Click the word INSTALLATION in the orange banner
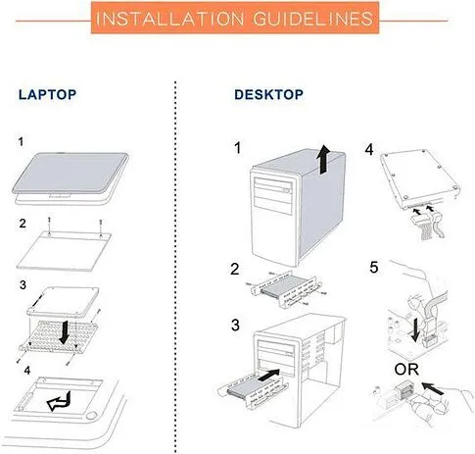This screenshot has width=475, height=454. tap(169, 19)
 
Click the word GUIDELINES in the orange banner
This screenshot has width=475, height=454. tap(313, 19)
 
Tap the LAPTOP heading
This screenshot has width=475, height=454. tap(47, 95)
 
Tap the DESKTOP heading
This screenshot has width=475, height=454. tap(268, 95)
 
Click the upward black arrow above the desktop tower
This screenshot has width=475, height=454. tap(324, 159)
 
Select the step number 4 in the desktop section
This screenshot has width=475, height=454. tap(369, 150)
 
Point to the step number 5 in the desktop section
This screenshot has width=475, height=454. tap(374, 268)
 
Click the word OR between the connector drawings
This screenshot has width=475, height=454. tap(406, 370)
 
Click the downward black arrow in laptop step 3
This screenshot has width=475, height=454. tap(65, 332)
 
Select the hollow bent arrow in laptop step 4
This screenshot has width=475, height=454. tap(60, 401)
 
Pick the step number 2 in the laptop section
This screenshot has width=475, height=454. tap(23, 224)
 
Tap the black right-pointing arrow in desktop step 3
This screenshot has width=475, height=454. tap(268, 375)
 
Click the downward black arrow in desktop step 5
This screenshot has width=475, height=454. tap(415, 330)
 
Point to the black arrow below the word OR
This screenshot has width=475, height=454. tap(433, 388)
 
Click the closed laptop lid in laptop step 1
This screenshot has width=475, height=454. tap(71, 174)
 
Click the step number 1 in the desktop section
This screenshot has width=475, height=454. tap(238, 148)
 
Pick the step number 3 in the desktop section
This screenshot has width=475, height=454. tap(235, 326)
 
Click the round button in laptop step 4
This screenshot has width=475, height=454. tap(92, 416)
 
